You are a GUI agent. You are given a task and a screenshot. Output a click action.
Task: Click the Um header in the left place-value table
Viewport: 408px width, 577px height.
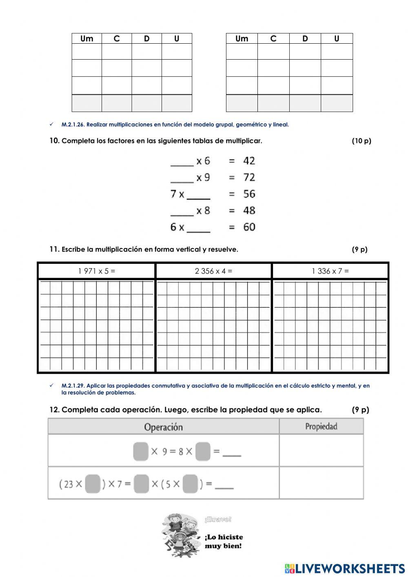(x=86, y=39)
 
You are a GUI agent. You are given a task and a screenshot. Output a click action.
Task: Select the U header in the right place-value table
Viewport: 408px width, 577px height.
(x=337, y=39)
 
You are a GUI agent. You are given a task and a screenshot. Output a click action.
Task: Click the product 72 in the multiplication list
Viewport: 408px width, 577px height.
(x=249, y=178)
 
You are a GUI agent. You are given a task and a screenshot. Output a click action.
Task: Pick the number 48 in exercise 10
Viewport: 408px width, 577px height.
(x=249, y=211)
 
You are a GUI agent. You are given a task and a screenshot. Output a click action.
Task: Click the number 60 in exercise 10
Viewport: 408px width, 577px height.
(x=249, y=227)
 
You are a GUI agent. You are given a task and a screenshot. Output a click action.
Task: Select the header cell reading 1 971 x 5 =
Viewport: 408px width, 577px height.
(x=97, y=271)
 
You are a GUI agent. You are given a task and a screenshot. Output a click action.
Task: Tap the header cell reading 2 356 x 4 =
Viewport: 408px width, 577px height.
(x=213, y=271)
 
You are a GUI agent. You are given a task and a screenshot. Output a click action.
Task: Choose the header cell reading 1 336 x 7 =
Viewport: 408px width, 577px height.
(x=330, y=271)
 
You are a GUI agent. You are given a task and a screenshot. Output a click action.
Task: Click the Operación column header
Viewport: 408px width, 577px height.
(x=163, y=427)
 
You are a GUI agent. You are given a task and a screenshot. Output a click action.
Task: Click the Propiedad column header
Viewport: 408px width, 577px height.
(x=321, y=427)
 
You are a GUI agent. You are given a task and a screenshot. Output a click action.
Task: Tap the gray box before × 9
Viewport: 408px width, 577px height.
(x=141, y=452)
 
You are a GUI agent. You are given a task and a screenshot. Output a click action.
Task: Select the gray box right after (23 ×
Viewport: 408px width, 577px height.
(x=93, y=484)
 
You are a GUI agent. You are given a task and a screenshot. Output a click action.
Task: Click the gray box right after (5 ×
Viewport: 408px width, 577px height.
(x=190, y=484)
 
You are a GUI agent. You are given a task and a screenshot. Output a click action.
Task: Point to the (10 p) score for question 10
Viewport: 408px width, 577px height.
(x=361, y=141)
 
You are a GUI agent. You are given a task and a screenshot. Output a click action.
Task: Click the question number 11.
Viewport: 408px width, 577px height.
(x=54, y=250)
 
